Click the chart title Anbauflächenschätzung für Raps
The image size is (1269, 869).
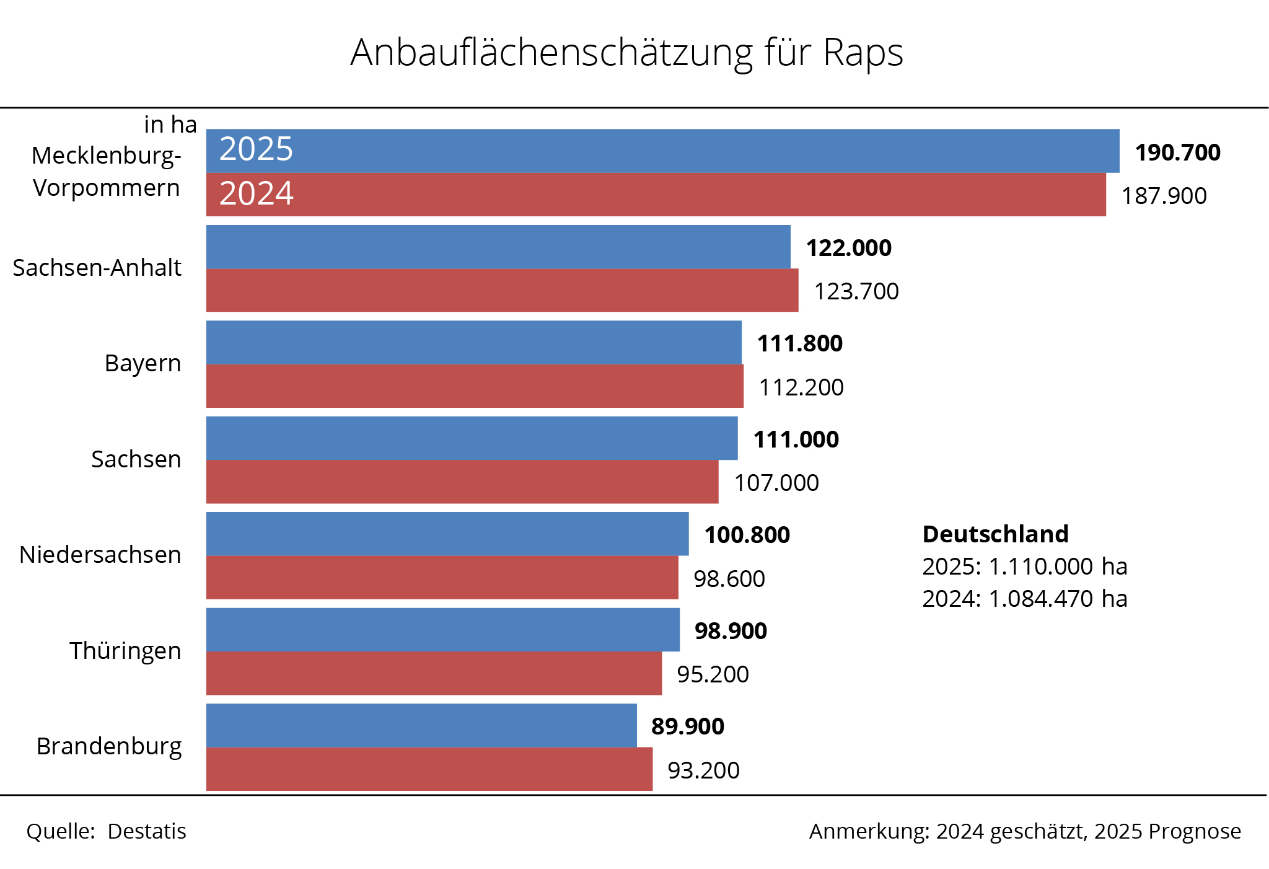[626, 52]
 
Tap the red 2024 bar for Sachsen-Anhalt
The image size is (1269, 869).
[502, 290]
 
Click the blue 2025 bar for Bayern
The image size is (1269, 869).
[474, 342]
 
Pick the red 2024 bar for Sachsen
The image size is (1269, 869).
[462, 482]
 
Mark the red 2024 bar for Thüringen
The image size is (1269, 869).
[434, 673]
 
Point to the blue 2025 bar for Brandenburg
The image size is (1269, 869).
[421, 725]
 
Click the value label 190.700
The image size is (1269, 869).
[1177, 152]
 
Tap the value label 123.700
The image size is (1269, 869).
[856, 291]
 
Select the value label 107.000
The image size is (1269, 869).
[776, 483]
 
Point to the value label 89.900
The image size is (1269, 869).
[687, 726]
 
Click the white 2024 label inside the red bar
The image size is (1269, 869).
[256, 193]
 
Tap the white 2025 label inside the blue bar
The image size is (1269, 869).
[256, 149]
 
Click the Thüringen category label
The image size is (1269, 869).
[125, 651]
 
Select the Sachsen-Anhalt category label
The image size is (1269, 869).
[97, 268]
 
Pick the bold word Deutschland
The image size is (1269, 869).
[995, 534]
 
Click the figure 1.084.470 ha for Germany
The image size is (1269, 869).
[1057, 599]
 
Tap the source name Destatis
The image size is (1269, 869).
[147, 831]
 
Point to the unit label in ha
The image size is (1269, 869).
[170, 125]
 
